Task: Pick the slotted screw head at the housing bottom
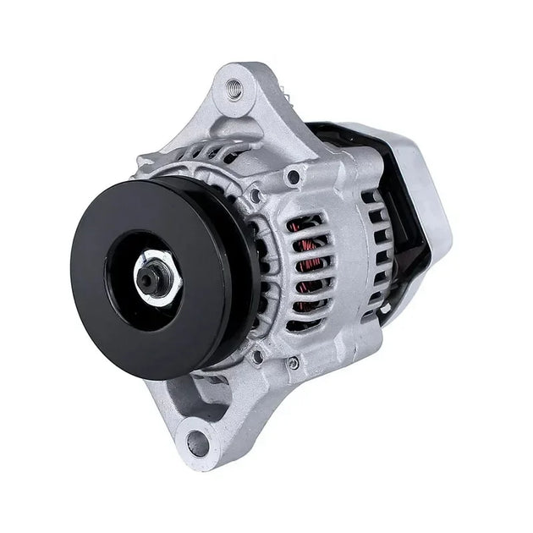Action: [293, 363]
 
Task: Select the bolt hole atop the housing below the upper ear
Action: [293, 177]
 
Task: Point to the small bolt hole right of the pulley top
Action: [255, 195]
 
